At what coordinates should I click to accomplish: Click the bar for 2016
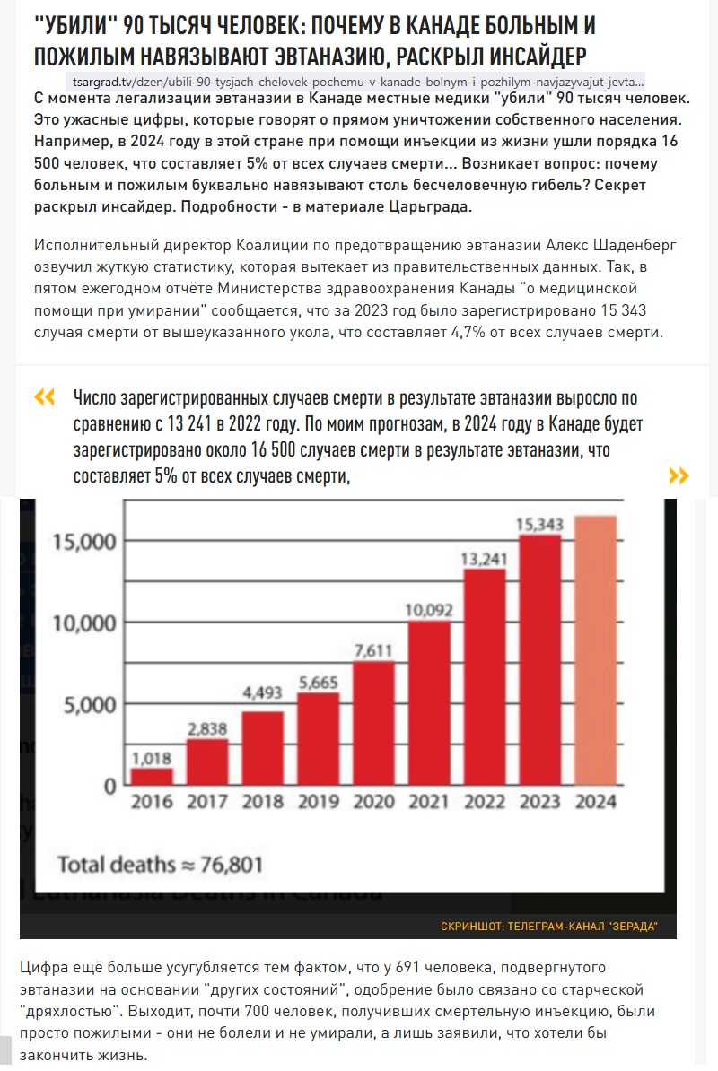point(152,776)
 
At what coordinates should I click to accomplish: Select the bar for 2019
point(319,738)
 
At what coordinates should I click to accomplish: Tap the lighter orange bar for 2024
point(596,650)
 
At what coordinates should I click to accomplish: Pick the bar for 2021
point(429,703)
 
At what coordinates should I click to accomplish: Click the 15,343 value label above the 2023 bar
point(539,525)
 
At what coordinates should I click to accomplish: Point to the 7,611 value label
point(373,651)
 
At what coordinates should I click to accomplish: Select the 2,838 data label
point(207,728)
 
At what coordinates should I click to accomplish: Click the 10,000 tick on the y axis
point(84,623)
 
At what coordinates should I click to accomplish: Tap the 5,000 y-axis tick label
point(90,704)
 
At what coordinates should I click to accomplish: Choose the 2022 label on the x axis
point(485,801)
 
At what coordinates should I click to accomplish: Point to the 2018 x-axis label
point(262,801)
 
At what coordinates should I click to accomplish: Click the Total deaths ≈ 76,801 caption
point(160,865)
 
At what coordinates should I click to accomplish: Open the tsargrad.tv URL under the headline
point(358,82)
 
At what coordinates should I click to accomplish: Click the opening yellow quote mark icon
point(44,396)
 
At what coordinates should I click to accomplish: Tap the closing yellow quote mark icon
point(679,475)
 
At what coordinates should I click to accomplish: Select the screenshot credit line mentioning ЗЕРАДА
point(549,927)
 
